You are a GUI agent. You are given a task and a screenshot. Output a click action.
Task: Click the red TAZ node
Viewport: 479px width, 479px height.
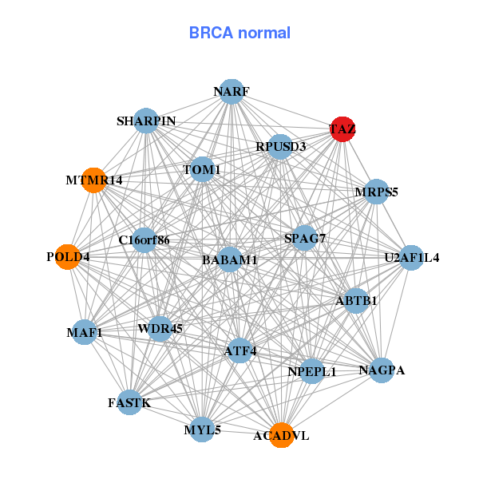(x=342, y=129)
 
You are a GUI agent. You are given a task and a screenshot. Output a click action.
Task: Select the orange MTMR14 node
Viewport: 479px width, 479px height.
(x=93, y=180)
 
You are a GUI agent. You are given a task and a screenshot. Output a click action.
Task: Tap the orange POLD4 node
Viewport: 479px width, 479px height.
(x=68, y=257)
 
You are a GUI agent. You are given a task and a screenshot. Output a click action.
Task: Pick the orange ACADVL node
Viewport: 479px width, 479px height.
(x=281, y=435)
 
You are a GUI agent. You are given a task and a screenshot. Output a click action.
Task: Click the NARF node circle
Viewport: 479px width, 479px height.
(x=231, y=92)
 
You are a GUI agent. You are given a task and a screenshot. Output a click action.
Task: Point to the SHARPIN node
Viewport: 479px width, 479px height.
(x=145, y=121)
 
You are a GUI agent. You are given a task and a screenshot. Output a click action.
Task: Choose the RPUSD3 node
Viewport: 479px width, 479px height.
(x=279, y=146)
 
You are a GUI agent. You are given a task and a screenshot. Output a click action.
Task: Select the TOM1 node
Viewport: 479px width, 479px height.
(x=203, y=169)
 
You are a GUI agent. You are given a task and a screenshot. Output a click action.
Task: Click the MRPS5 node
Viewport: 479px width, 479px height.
(x=375, y=192)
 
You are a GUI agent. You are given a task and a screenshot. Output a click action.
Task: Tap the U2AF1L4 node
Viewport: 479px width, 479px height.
(x=411, y=257)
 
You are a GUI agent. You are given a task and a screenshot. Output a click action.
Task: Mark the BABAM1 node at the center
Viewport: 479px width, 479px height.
(x=230, y=259)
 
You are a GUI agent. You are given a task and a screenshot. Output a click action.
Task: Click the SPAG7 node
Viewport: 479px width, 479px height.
(x=304, y=238)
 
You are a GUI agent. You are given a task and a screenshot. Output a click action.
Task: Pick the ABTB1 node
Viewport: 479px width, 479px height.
(x=356, y=300)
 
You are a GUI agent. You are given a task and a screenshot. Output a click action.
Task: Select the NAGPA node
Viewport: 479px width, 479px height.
(x=382, y=370)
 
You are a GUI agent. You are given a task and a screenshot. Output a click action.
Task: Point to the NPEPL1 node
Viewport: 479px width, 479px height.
(x=311, y=371)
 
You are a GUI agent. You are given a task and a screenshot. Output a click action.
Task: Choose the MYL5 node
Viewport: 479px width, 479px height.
(x=202, y=430)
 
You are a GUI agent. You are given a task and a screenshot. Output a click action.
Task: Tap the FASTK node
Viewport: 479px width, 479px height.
(x=129, y=402)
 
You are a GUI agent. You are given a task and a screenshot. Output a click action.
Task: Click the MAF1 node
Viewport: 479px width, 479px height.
(x=85, y=332)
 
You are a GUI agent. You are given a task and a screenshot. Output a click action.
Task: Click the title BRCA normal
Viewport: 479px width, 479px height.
(x=239, y=33)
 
